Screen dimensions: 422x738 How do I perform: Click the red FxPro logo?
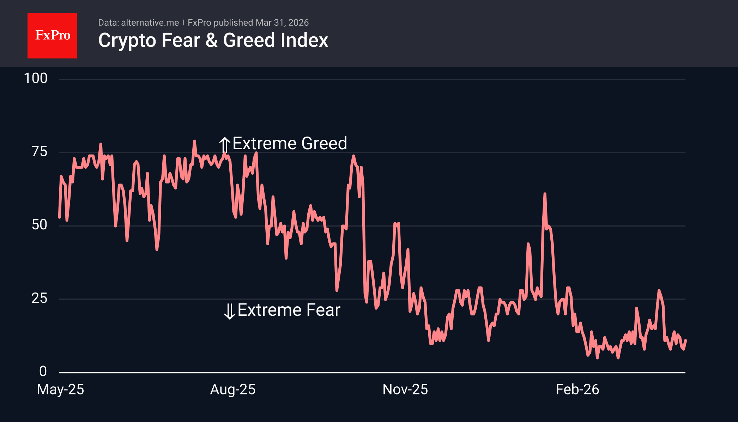click(52, 35)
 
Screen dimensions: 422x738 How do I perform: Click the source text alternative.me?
click(150, 23)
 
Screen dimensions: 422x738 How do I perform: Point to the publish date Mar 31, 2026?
click(282, 23)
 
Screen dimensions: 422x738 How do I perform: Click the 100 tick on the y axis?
click(35, 78)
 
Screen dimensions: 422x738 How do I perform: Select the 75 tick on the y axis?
click(39, 152)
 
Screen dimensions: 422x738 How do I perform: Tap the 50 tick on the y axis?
click(39, 225)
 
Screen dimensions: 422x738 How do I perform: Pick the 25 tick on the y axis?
click(39, 299)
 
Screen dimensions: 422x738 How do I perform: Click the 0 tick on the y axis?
click(43, 371)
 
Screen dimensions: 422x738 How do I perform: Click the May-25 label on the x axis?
click(60, 390)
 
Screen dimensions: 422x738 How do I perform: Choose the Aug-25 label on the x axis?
click(232, 390)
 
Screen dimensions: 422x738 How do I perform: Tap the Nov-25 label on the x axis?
click(405, 390)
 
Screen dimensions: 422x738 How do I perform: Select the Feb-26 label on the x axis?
click(577, 390)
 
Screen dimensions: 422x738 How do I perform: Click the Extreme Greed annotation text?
click(290, 143)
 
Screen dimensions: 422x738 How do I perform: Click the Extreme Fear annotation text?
click(289, 310)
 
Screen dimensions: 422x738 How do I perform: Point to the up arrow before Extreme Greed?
click(225, 145)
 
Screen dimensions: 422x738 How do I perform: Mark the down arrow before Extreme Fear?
click(230, 311)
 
